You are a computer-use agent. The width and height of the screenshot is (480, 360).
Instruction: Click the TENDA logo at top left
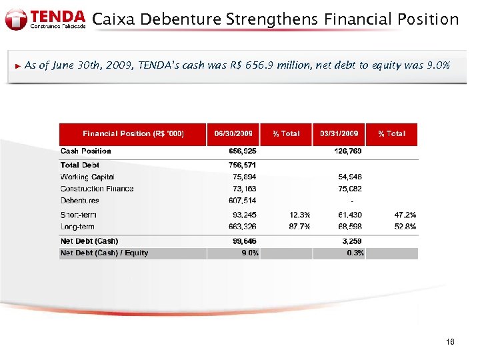[x=45, y=19]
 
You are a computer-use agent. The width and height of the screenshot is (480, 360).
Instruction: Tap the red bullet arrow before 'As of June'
[x=18, y=65]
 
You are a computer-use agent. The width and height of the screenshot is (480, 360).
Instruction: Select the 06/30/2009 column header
[x=233, y=134]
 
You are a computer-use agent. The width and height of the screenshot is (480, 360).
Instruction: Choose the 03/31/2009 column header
[x=339, y=134]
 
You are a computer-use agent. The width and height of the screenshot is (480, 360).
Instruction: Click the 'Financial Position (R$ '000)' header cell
[x=133, y=134]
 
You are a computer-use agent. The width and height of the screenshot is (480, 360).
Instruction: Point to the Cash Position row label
[x=86, y=151]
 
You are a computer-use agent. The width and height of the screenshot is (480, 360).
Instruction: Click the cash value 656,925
[x=243, y=151]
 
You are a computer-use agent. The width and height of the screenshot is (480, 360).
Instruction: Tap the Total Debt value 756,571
[x=243, y=165]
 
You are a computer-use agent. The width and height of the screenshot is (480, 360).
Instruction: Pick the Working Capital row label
[x=87, y=177]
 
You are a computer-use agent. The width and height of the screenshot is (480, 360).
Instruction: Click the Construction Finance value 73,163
[x=244, y=189]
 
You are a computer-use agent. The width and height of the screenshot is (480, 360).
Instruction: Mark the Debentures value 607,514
[x=243, y=201]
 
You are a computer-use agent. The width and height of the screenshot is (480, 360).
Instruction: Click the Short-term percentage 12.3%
[x=300, y=215]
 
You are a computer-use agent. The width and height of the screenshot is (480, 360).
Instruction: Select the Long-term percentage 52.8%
[x=405, y=227]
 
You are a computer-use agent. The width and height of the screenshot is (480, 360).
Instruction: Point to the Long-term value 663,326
[x=243, y=227]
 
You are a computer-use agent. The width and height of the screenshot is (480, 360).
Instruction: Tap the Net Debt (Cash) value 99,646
[x=244, y=241]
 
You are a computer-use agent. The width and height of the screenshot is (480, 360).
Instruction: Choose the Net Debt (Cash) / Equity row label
[x=105, y=253]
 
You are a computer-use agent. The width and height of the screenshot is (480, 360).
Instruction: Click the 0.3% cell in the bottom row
[x=355, y=253]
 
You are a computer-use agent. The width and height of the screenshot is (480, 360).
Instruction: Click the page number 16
[x=451, y=342]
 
